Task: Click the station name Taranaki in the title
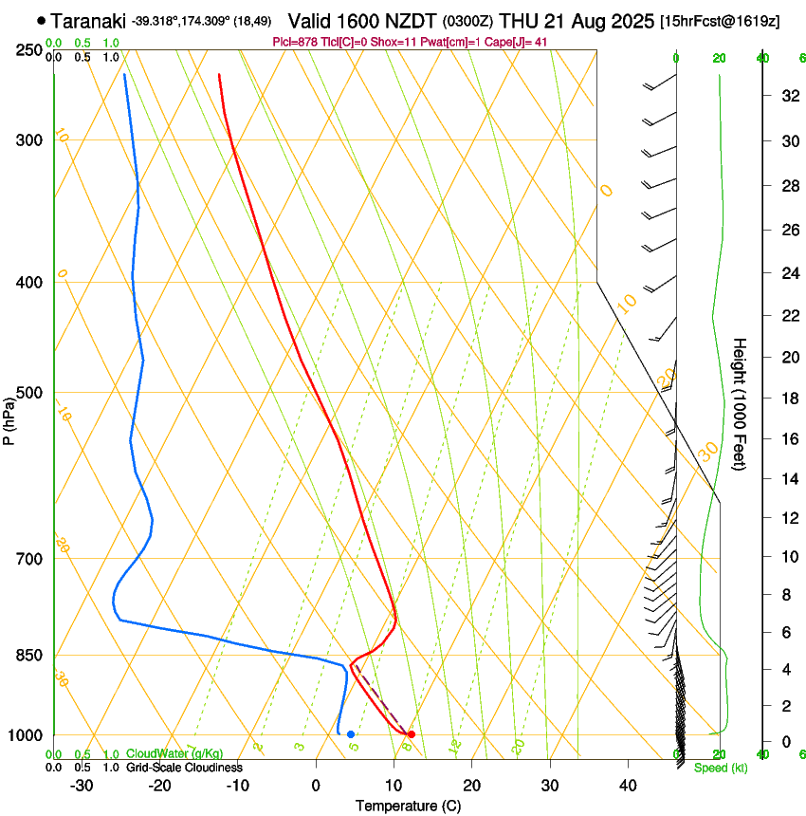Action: click(x=88, y=20)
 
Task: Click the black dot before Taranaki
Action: click(x=41, y=20)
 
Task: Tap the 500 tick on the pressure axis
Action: click(x=29, y=393)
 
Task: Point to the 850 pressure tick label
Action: click(x=29, y=656)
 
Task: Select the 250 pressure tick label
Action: click(x=29, y=49)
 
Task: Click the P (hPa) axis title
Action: click(x=9, y=417)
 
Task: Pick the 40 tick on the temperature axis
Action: click(x=627, y=785)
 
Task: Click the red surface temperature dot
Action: click(x=411, y=734)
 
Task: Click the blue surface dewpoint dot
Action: click(x=351, y=734)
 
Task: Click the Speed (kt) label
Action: click(x=720, y=768)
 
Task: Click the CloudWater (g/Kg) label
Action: click(x=170, y=754)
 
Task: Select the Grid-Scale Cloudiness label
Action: click(x=183, y=767)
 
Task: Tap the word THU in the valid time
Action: click(x=518, y=20)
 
